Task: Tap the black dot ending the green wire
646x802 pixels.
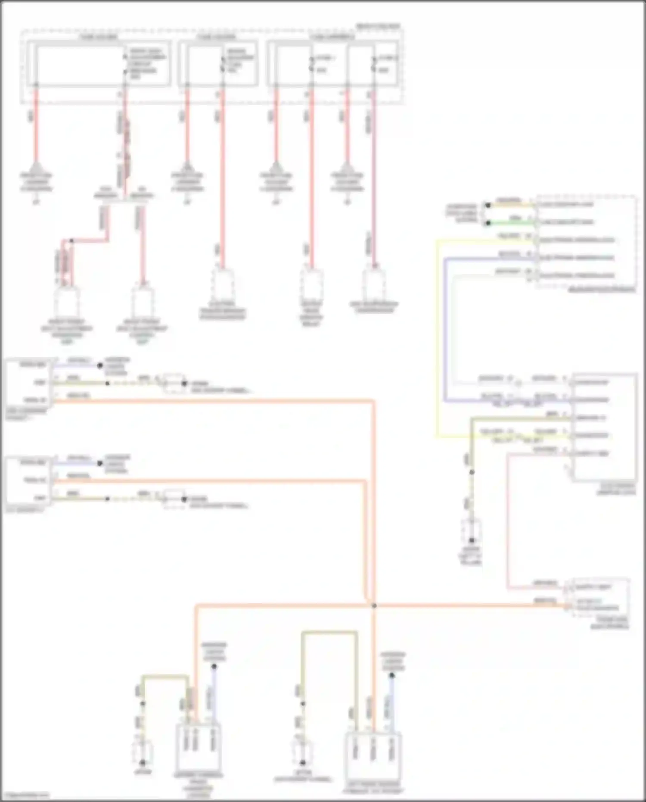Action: (x=488, y=223)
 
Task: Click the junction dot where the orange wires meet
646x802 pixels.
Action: (x=374, y=606)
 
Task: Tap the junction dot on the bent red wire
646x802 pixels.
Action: (x=71, y=241)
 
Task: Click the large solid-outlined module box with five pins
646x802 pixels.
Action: (x=604, y=427)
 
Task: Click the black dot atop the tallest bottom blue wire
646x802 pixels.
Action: (x=214, y=667)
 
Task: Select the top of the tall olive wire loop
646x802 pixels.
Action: (x=329, y=633)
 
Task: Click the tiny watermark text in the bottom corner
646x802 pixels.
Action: (x=25, y=795)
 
